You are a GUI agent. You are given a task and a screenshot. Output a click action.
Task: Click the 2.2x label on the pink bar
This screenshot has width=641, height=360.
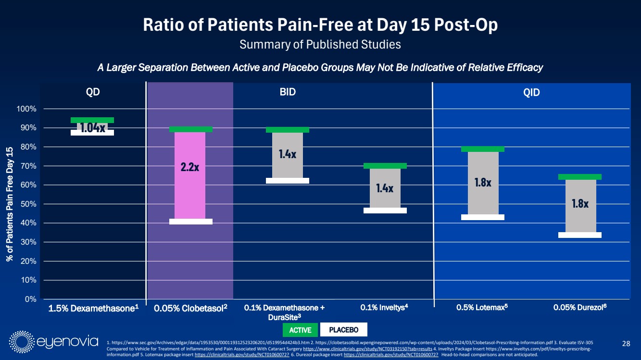tap(190, 167)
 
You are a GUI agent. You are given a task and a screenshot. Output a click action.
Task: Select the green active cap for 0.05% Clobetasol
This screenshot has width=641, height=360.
tap(191, 129)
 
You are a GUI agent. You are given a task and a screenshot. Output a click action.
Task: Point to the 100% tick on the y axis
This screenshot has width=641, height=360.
tap(27, 109)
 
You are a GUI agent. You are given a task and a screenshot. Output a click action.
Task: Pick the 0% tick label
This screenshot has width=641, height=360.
tap(30, 299)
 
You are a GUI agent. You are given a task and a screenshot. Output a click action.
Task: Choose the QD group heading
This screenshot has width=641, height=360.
tap(93, 92)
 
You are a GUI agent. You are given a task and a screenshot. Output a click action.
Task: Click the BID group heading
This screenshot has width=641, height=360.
tap(288, 92)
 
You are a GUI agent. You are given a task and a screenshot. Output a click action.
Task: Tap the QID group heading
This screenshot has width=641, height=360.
tap(532, 93)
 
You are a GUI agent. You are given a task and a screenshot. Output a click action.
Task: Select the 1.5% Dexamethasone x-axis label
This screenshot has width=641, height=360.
tap(93, 308)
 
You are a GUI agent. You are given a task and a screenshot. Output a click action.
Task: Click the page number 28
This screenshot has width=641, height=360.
tap(626, 343)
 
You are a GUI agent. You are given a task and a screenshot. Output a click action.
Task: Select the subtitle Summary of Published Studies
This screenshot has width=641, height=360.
tap(320, 45)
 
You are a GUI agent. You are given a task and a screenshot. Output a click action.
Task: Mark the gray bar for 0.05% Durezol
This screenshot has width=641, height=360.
tap(580, 206)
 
